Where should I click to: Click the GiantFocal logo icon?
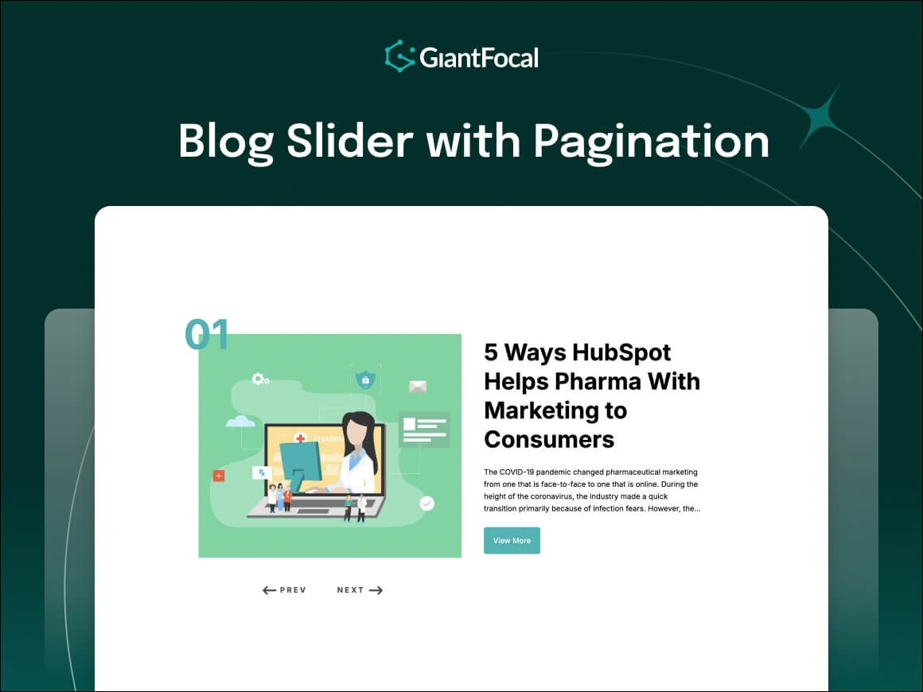click(x=399, y=56)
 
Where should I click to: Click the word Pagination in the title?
click(x=651, y=141)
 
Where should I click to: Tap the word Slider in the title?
click(x=349, y=141)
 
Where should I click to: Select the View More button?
click(x=512, y=541)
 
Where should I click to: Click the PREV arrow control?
click(x=284, y=590)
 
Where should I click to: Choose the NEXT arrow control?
click(x=360, y=590)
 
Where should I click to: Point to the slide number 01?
click(x=207, y=336)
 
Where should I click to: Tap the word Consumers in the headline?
click(x=549, y=439)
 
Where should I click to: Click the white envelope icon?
click(x=418, y=387)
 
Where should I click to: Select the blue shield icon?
click(x=365, y=380)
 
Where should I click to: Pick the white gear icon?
click(x=259, y=379)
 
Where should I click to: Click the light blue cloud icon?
click(x=240, y=421)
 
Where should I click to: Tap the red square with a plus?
click(x=219, y=476)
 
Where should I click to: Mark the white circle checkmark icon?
click(x=427, y=503)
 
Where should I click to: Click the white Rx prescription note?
click(x=261, y=472)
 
